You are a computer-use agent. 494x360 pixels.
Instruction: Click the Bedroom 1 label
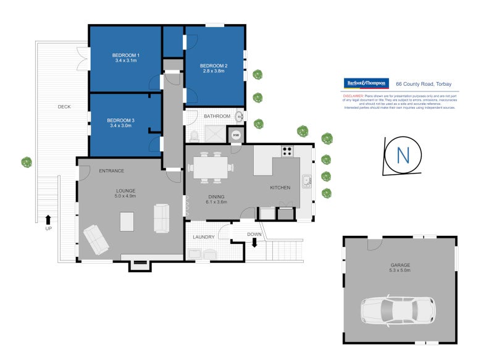tap(125, 56)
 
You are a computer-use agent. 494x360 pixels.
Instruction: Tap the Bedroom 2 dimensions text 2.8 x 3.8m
tap(215, 71)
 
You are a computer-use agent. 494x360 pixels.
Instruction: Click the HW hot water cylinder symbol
tap(236, 135)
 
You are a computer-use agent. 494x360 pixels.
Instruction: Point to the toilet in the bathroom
tap(195, 135)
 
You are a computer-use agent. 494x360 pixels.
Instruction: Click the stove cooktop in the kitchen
tap(288, 150)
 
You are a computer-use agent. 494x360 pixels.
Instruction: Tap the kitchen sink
tap(306, 182)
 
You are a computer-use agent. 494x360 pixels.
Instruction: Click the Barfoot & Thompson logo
tap(366, 83)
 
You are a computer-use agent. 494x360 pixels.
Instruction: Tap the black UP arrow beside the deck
tap(48, 219)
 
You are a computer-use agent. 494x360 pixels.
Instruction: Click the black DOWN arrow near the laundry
tap(254, 243)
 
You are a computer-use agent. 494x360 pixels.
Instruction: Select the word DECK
tap(64, 107)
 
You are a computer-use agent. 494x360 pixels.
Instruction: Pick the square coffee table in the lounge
tap(127, 221)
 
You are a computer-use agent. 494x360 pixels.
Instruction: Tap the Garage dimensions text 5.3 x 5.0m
tap(400, 270)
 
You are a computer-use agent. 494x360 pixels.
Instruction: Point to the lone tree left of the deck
tap(27, 162)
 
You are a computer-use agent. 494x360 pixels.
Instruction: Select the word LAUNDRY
tap(203, 237)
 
